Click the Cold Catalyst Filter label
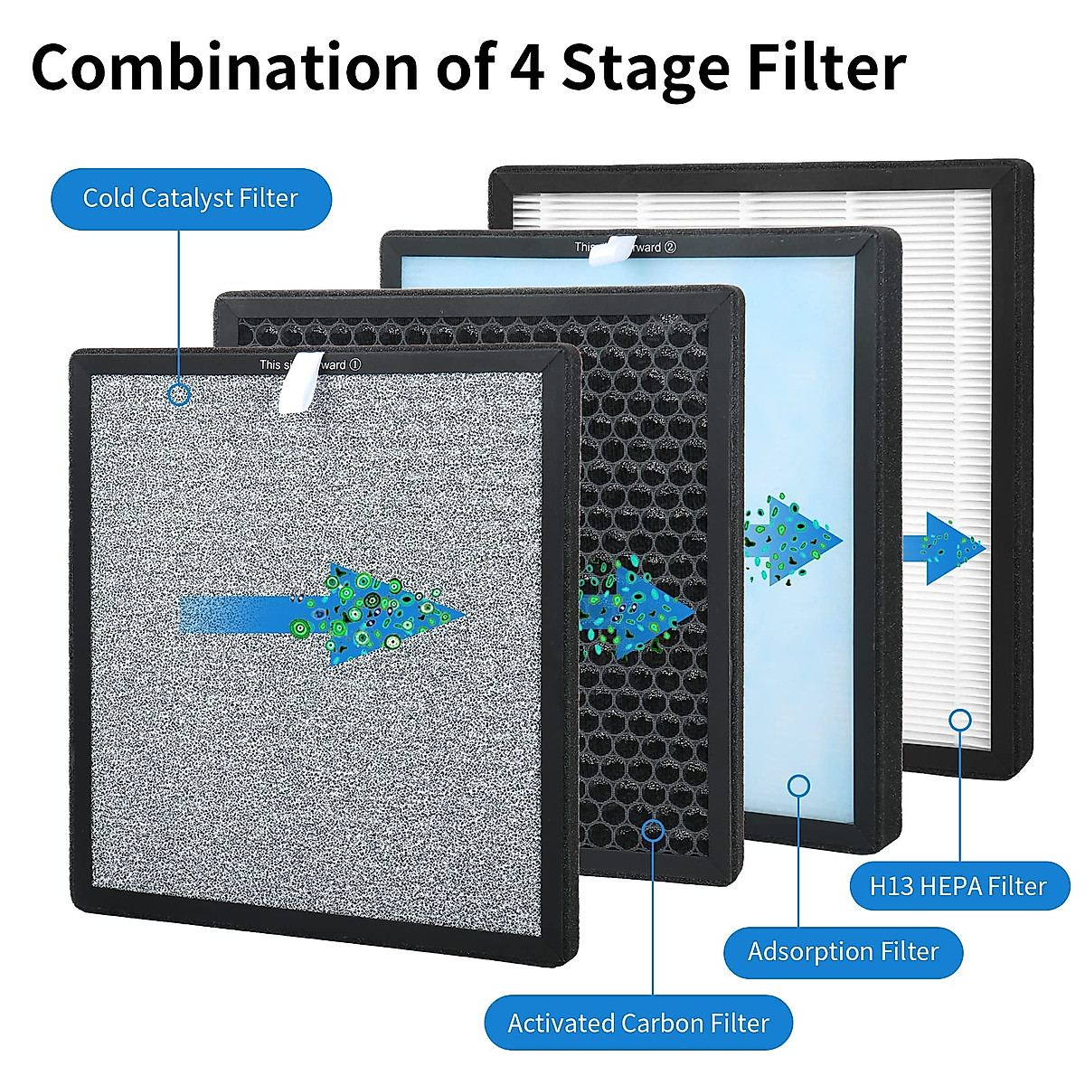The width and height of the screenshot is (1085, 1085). (x=191, y=198)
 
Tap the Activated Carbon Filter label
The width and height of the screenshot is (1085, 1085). (x=638, y=1023)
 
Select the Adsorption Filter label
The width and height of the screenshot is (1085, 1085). (x=843, y=951)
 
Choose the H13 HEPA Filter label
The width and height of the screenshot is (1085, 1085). (x=958, y=886)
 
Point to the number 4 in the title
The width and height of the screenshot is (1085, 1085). (x=525, y=69)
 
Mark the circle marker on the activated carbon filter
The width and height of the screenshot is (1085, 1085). (x=653, y=830)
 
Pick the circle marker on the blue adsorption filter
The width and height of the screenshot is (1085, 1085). (x=798, y=785)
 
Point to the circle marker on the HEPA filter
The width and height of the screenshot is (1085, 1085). (x=960, y=720)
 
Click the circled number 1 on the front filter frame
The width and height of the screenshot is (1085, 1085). (x=355, y=364)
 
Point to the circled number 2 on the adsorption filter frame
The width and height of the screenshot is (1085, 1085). (x=670, y=247)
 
